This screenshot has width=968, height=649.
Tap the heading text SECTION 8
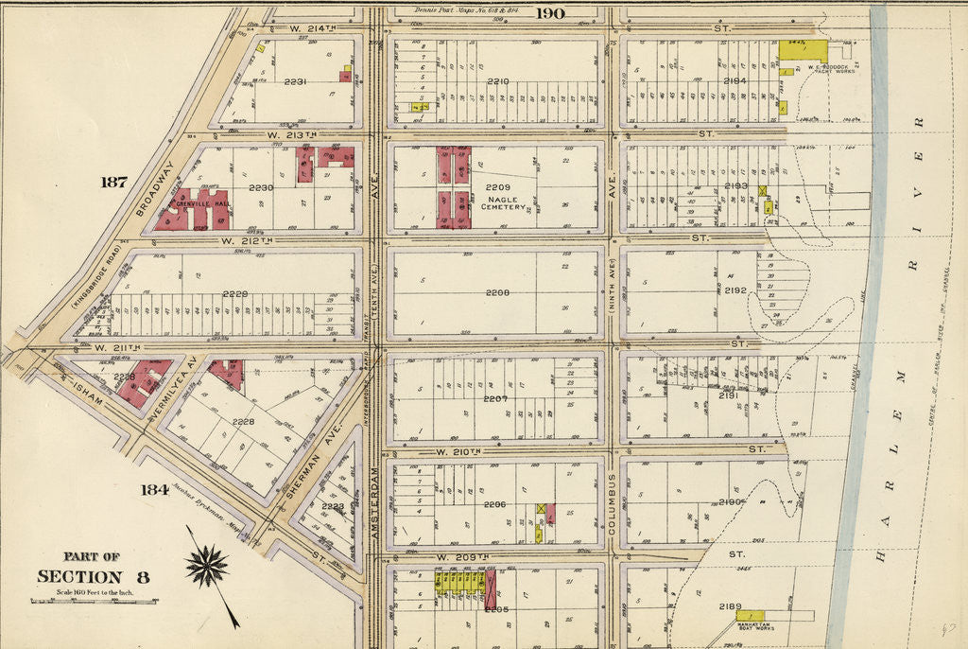point(94,577)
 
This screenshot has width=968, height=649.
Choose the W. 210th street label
point(459,452)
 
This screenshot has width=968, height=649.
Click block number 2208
point(497,293)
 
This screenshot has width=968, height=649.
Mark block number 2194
point(735,81)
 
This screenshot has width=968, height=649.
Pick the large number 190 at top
point(549,12)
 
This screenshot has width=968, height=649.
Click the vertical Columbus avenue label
point(612,505)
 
